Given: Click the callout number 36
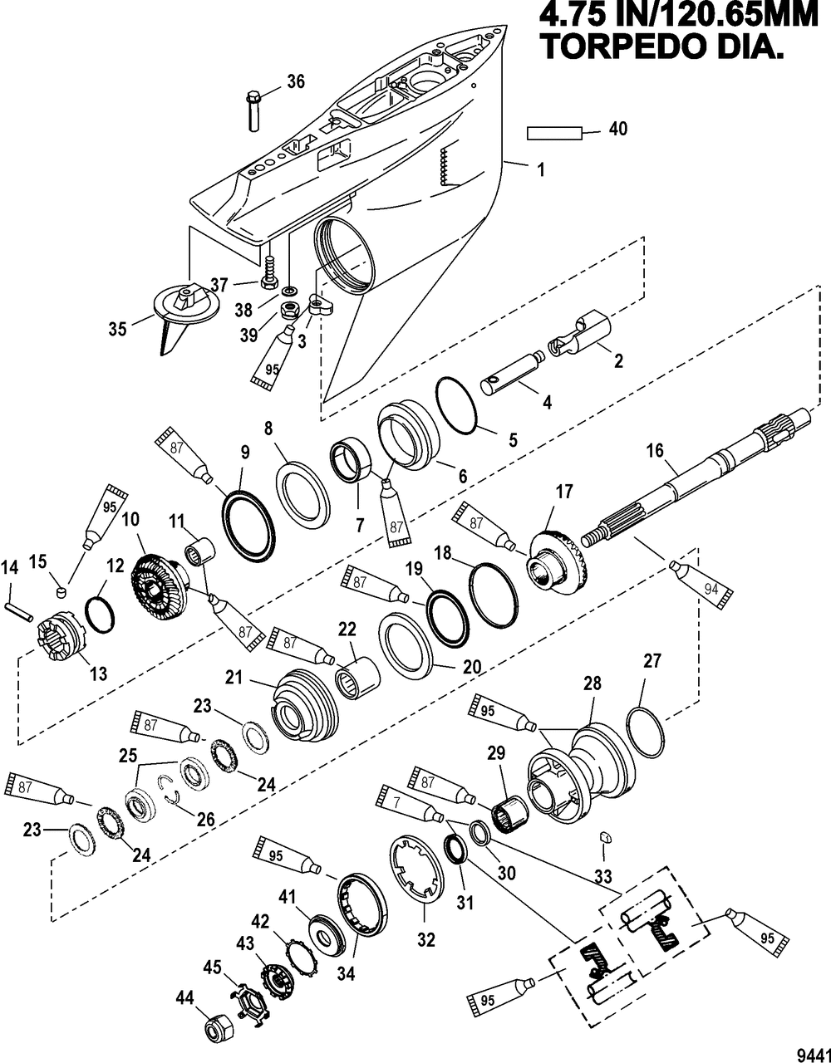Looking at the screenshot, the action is click(295, 81).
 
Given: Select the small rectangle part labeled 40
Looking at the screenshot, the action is click(554, 133).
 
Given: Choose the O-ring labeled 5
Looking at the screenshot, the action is click(455, 404).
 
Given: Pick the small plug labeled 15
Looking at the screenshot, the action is click(60, 593).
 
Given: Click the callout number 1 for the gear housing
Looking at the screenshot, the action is click(541, 169).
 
